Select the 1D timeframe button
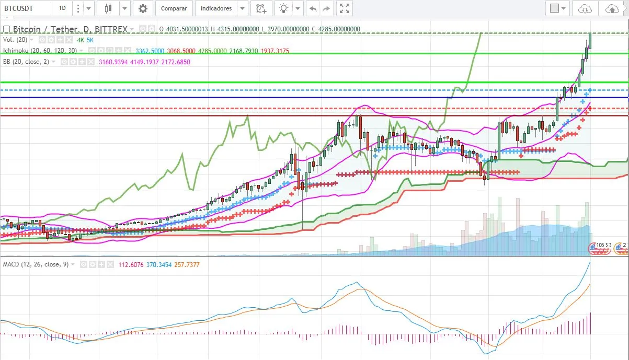tap(62, 8)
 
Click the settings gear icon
tap(143, 8)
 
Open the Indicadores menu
tap(216, 8)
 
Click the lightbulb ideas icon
tap(284, 8)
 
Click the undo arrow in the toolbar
tap(313, 8)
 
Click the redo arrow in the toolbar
tap(327, 8)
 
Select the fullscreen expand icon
tap(344, 8)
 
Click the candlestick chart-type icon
tap(108, 8)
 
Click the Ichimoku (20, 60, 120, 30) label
tap(40, 51)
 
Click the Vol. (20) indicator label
tap(15, 40)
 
